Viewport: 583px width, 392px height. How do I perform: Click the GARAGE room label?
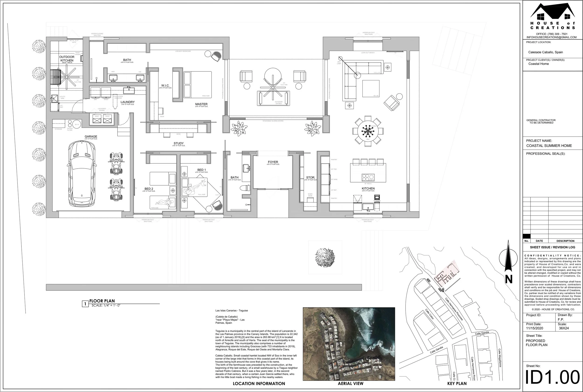[x=91, y=137]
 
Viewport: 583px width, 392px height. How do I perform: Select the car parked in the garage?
[x=82, y=173]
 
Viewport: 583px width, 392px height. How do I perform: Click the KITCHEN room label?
[x=368, y=189]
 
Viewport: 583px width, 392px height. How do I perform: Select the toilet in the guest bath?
[x=245, y=188]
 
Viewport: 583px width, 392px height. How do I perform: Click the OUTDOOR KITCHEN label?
[x=67, y=58]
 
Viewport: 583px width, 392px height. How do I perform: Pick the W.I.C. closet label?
[x=165, y=85]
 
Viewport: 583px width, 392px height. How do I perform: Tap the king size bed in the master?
[x=197, y=84]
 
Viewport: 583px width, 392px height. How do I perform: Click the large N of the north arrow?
[x=508, y=279]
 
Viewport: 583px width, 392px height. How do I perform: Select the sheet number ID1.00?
[x=552, y=377]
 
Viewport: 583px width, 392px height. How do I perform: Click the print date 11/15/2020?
[x=534, y=328]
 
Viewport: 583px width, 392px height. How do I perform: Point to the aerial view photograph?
[x=349, y=344]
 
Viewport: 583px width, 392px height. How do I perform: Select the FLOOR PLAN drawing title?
[x=102, y=301]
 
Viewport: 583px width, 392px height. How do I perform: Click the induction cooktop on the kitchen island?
[x=368, y=177]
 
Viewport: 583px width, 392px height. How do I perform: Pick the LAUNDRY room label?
[x=128, y=102]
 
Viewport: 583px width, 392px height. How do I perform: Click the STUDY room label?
[x=179, y=143]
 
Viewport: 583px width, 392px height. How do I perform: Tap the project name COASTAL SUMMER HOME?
[x=549, y=145]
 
